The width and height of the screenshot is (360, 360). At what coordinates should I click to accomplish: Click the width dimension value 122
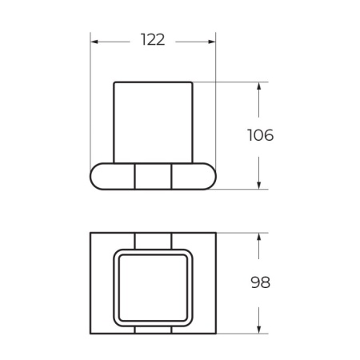point(152,40)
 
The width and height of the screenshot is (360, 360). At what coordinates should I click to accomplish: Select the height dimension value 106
point(260,135)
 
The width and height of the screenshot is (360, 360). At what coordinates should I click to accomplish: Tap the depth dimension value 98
point(260,282)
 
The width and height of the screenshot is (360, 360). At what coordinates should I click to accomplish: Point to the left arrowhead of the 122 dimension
point(94,40)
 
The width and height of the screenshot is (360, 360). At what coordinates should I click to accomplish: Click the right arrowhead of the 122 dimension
point(213,40)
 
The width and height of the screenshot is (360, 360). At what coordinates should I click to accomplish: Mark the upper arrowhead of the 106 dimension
point(260,86)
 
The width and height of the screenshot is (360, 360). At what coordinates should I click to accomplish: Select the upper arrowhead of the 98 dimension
point(260,237)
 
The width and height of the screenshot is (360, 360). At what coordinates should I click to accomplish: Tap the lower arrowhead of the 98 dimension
point(260,329)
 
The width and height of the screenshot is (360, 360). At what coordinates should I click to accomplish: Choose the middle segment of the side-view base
point(153,177)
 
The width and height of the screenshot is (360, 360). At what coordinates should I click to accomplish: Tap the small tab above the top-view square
point(153,241)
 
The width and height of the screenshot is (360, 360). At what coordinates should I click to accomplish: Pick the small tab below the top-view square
point(153,329)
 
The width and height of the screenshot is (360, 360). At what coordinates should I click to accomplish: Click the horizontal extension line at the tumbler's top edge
point(232,82)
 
